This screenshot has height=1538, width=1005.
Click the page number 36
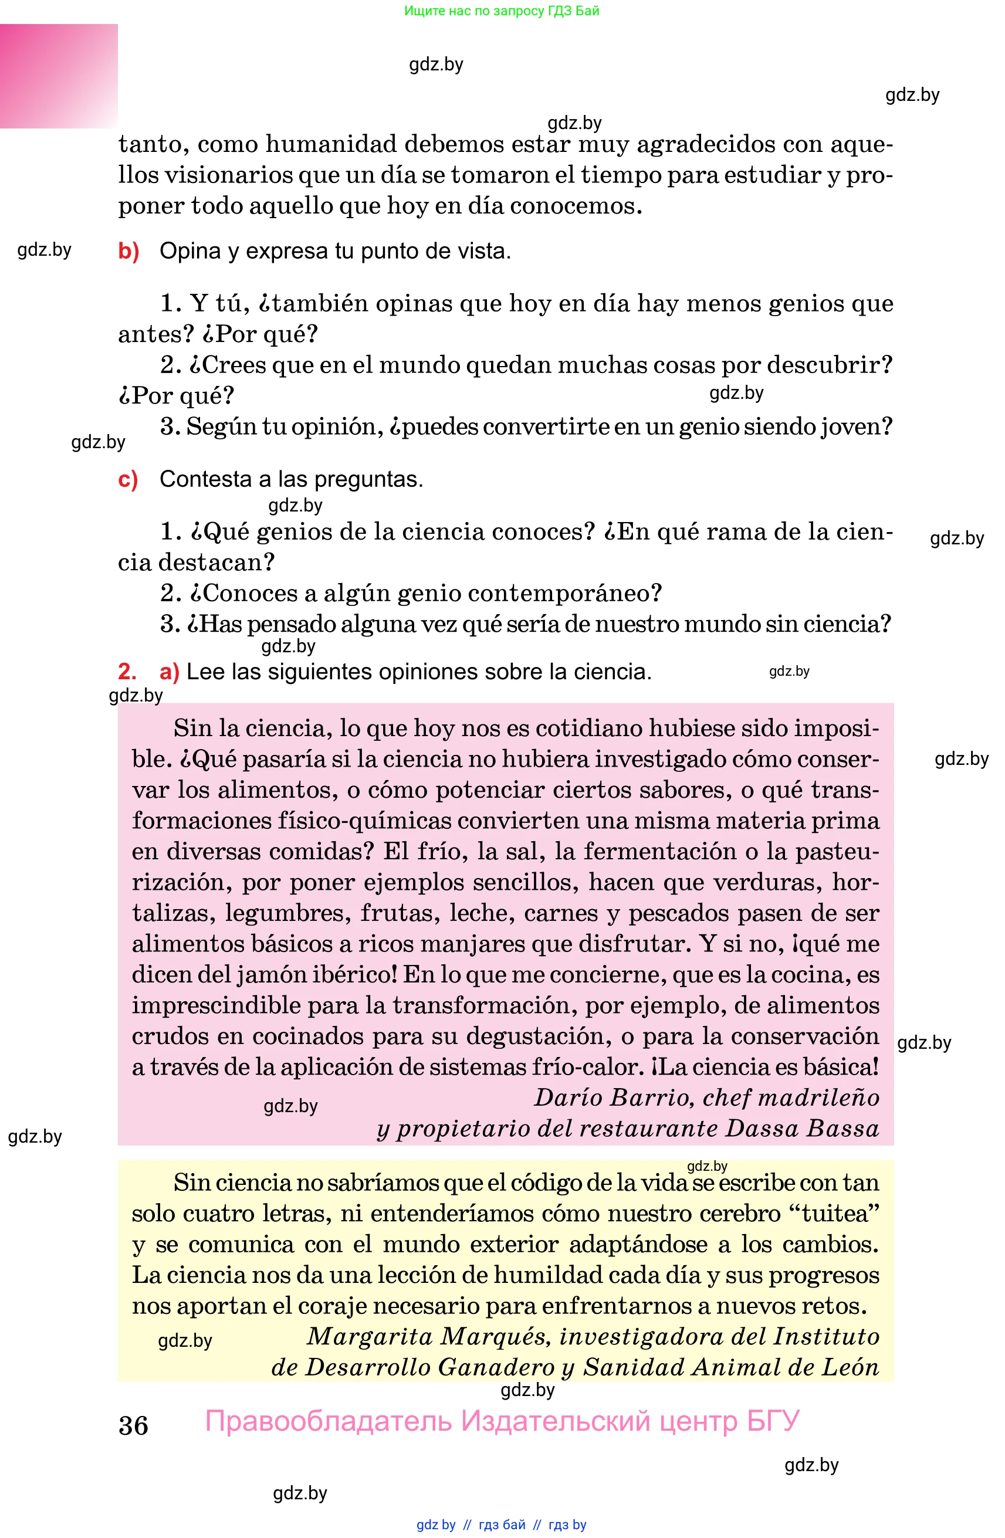point(133,1425)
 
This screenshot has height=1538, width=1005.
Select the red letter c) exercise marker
point(128,479)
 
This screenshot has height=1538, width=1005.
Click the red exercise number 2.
point(127,672)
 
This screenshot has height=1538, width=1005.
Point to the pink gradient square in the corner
point(59,76)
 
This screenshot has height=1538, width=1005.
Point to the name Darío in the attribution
point(567,1097)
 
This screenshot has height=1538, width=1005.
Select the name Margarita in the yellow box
point(370,1336)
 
